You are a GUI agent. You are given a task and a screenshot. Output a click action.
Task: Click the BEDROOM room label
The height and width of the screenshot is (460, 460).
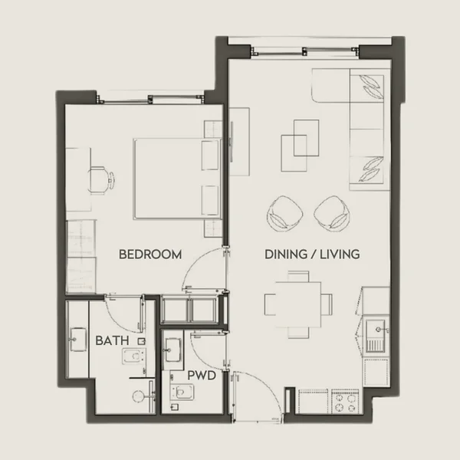149,254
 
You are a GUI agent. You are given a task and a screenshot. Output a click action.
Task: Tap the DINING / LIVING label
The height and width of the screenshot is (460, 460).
312,254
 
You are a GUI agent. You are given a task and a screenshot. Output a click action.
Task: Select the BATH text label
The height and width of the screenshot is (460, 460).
111,340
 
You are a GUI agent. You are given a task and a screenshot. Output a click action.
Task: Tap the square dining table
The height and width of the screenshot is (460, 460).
299,304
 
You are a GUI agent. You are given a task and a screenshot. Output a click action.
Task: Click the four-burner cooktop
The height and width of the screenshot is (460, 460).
342,402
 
